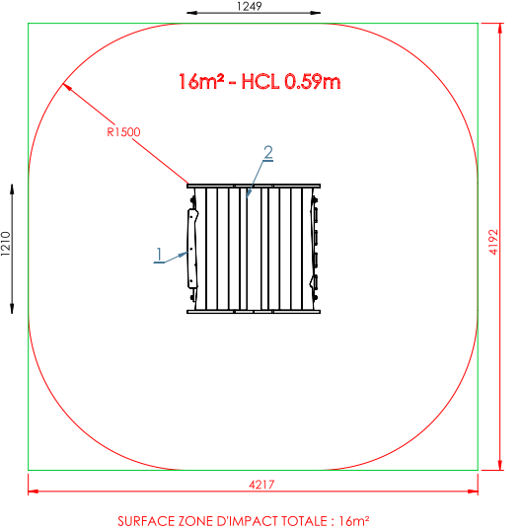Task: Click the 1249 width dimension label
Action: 250,6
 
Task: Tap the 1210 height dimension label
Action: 6,244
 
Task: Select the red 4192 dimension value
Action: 493,242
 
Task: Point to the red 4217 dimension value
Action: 261,485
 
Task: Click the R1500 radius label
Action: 123,132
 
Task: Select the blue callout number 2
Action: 268,152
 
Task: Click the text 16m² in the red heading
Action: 201,82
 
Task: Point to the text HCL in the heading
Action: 260,82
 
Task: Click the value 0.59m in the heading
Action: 313,82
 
